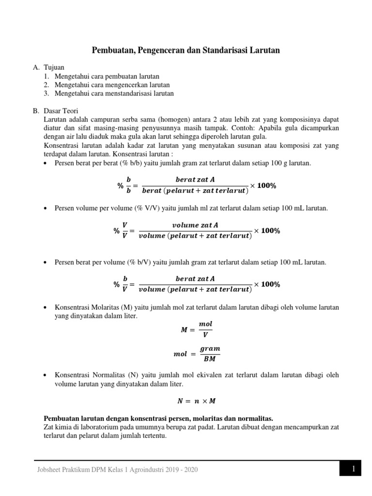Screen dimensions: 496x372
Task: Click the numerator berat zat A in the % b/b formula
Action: point(195,180)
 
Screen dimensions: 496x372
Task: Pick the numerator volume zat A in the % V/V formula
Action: point(195,225)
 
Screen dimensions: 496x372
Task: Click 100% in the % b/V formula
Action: point(270,284)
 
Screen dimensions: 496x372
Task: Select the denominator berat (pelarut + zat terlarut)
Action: point(195,191)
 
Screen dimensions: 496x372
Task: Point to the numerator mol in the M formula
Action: point(205,324)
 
